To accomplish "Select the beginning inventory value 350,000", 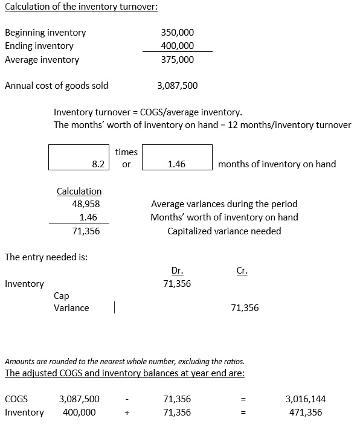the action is [178, 33].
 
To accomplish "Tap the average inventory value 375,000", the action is [178, 60].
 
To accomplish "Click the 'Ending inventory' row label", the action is [39, 46].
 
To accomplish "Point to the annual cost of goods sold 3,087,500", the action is [177, 86].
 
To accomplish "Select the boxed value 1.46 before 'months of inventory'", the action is [176, 164].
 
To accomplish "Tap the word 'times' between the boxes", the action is [126, 152].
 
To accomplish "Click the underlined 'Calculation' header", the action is [79, 191].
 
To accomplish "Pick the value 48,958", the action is [86, 205].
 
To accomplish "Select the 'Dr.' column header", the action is [178, 271].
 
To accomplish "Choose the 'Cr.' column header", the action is [242, 271].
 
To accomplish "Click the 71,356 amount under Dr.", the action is [177, 283].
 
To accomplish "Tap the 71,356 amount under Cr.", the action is [245, 308].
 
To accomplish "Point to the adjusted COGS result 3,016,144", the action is [305, 399].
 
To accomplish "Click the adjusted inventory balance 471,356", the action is [305, 413].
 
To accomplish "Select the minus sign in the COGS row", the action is [127, 399].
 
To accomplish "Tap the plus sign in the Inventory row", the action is [127, 413].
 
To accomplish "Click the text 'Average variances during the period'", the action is [224, 205].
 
